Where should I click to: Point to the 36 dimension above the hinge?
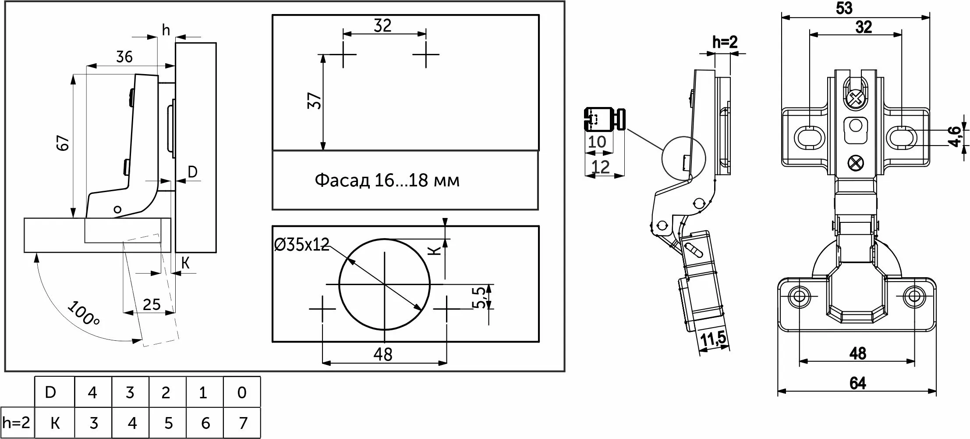pos(124,57)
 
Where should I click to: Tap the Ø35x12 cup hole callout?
pos(301,244)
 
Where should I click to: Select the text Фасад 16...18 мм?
pos(387,181)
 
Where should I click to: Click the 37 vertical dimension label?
pos(315,101)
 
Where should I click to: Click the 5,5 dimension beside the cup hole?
pos(481,297)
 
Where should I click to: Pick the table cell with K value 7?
pos(242,423)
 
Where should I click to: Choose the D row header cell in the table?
pos(55,392)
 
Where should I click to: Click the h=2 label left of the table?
pos(16,423)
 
